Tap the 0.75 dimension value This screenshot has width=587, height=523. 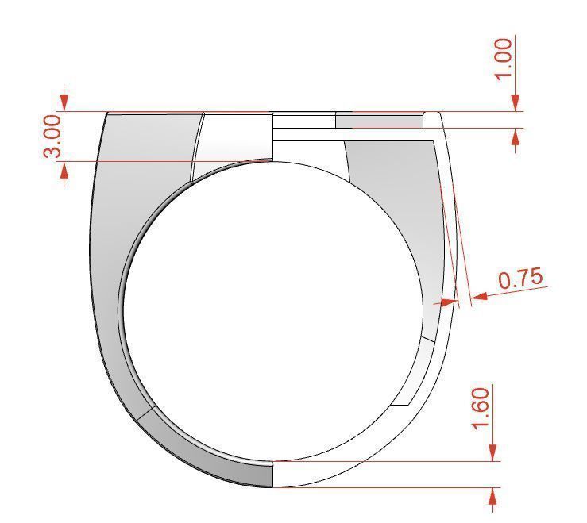[x=520, y=279]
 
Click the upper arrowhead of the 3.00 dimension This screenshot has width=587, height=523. [x=65, y=103]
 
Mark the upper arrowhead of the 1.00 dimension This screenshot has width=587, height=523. [x=516, y=103]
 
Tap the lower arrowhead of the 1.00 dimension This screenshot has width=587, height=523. [x=516, y=137]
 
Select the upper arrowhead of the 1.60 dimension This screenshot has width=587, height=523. [x=494, y=452]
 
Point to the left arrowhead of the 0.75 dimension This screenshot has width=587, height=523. [x=450, y=302]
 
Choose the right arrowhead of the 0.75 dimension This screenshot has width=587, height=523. [x=478, y=296]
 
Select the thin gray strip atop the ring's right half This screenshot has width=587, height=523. [x=379, y=121]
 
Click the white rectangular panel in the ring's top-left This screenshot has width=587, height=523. [x=234, y=143]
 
